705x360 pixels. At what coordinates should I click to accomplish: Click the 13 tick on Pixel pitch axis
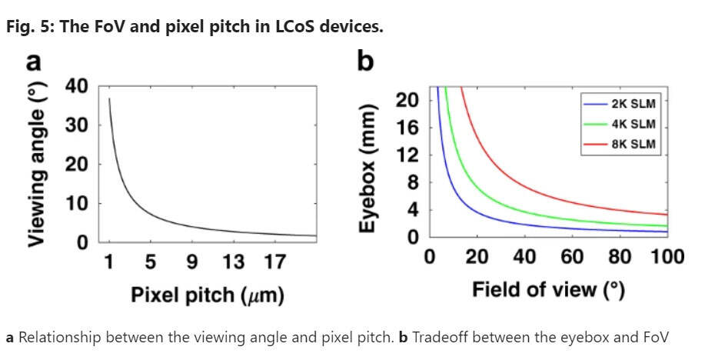[233, 263]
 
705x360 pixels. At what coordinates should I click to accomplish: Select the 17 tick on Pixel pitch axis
[274, 263]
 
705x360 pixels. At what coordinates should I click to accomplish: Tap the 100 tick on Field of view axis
[667, 257]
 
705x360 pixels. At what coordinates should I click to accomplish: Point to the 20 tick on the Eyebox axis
[407, 100]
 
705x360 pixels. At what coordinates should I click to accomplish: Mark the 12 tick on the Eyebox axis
[407, 155]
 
